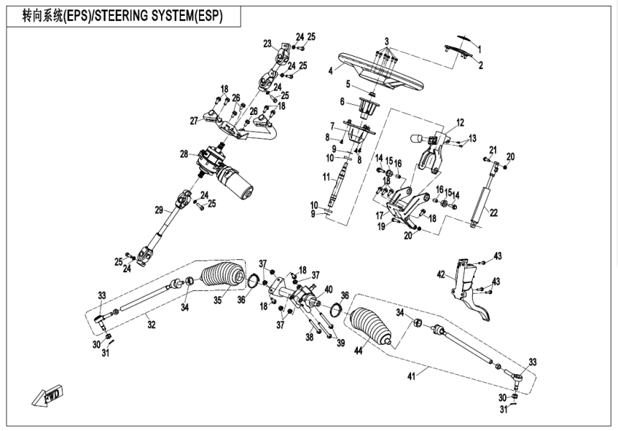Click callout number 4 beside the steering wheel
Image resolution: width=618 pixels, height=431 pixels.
point(330,70)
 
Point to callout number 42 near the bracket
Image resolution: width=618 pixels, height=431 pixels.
point(443,274)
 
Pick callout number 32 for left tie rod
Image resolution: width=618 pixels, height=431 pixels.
point(150,325)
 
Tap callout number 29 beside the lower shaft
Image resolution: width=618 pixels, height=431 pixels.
point(160,210)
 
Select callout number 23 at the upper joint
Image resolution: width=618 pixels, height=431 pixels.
point(267,44)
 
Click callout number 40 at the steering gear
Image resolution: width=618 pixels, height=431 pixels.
point(327,289)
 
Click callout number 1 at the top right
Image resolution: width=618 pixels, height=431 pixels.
point(481,49)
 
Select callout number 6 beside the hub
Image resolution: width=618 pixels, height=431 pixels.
point(343,101)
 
